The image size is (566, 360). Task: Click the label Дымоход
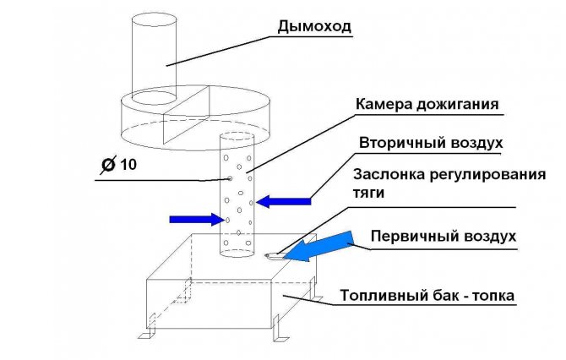point(314,27)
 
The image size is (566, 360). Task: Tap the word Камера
point(384,104)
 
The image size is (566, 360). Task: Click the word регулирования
point(488,176)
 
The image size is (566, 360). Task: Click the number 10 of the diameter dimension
point(128,165)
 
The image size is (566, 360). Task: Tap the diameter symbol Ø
point(108,166)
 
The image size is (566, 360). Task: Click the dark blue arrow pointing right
point(197,219)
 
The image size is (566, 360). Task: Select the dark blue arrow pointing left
point(284,201)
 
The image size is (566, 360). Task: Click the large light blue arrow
point(318,248)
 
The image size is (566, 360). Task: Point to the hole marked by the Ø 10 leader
point(230,178)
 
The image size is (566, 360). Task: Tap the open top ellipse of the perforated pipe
point(237,137)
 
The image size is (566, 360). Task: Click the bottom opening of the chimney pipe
point(154,97)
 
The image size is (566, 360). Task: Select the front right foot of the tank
point(280,329)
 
